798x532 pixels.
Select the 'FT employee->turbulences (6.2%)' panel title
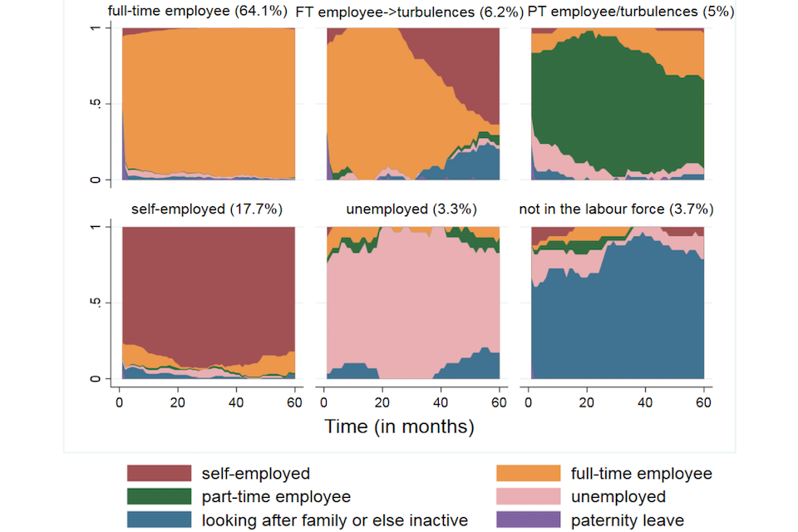click(x=410, y=12)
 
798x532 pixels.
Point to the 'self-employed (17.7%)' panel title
click(x=207, y=209)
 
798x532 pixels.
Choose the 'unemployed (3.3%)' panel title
click(x=411, y=209)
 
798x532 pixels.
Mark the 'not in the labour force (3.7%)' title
click(x=616, y=209)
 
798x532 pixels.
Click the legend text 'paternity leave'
click(x=627, y=520)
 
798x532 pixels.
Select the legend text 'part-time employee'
click(x=276, y=497)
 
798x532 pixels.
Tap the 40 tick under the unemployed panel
click(x=441, y=401)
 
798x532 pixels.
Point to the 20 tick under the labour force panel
click(x=588, y=401)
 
